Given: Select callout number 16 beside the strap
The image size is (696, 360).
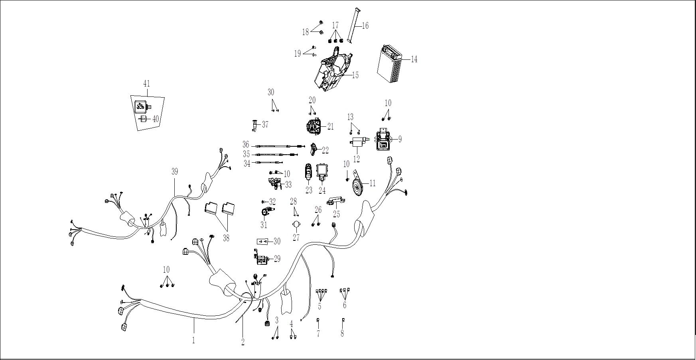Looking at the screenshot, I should point(365,26).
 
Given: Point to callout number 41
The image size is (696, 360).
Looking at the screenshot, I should point(146,84).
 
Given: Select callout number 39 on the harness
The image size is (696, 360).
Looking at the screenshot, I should point(175,171).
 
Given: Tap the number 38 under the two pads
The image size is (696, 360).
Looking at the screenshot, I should point(227,238).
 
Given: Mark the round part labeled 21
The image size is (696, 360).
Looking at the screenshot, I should point(313,126).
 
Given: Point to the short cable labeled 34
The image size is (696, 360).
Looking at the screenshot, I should point(270,162).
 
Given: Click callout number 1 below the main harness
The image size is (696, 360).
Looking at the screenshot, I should point(194,340).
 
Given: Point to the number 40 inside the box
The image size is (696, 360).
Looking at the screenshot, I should point(156,119).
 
